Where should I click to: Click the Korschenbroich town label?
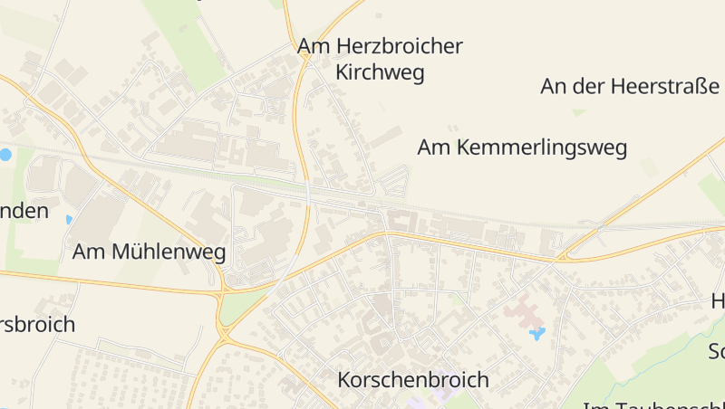pos(412,380)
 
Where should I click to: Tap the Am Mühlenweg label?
pos(149,252)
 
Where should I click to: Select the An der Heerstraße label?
pos(631,87)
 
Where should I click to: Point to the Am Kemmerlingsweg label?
pos(522,147)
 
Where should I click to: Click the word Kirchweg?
pos(380,74)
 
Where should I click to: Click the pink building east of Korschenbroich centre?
pos(523,313)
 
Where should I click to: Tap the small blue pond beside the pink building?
pos(537,335)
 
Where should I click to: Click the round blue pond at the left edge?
pos(5,155)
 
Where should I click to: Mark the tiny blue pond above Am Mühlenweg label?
pos(69,219)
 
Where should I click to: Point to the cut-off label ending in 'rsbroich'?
pos(37,324)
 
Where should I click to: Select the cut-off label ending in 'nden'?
pos(24,211)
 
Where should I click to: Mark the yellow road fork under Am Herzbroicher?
pos(305,58)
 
